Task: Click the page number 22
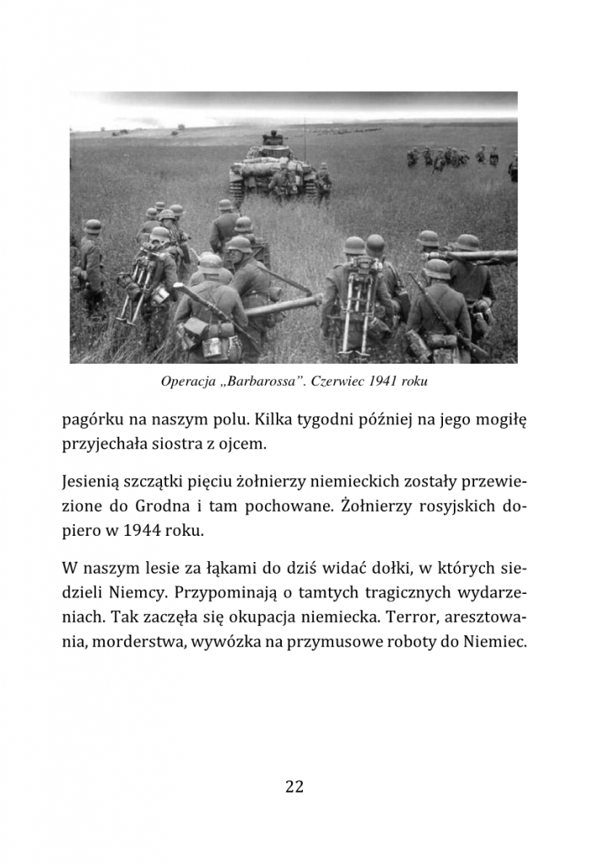[294, 786]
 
